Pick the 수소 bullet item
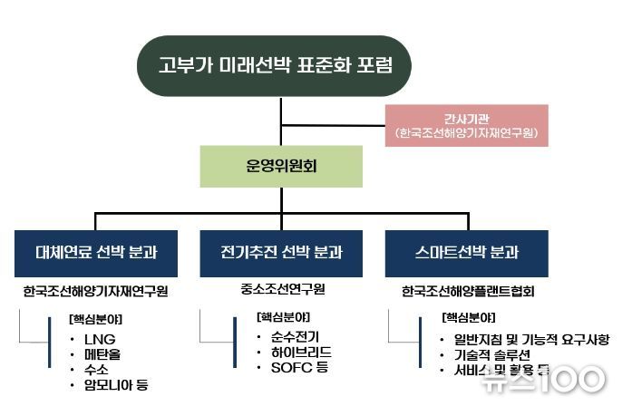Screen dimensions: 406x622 (x=94, y=370)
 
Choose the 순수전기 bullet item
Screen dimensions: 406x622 (x=292, y=336)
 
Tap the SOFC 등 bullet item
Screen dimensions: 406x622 (x=296, y=368)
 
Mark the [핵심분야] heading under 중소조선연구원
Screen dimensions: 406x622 (x=283, y=317)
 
